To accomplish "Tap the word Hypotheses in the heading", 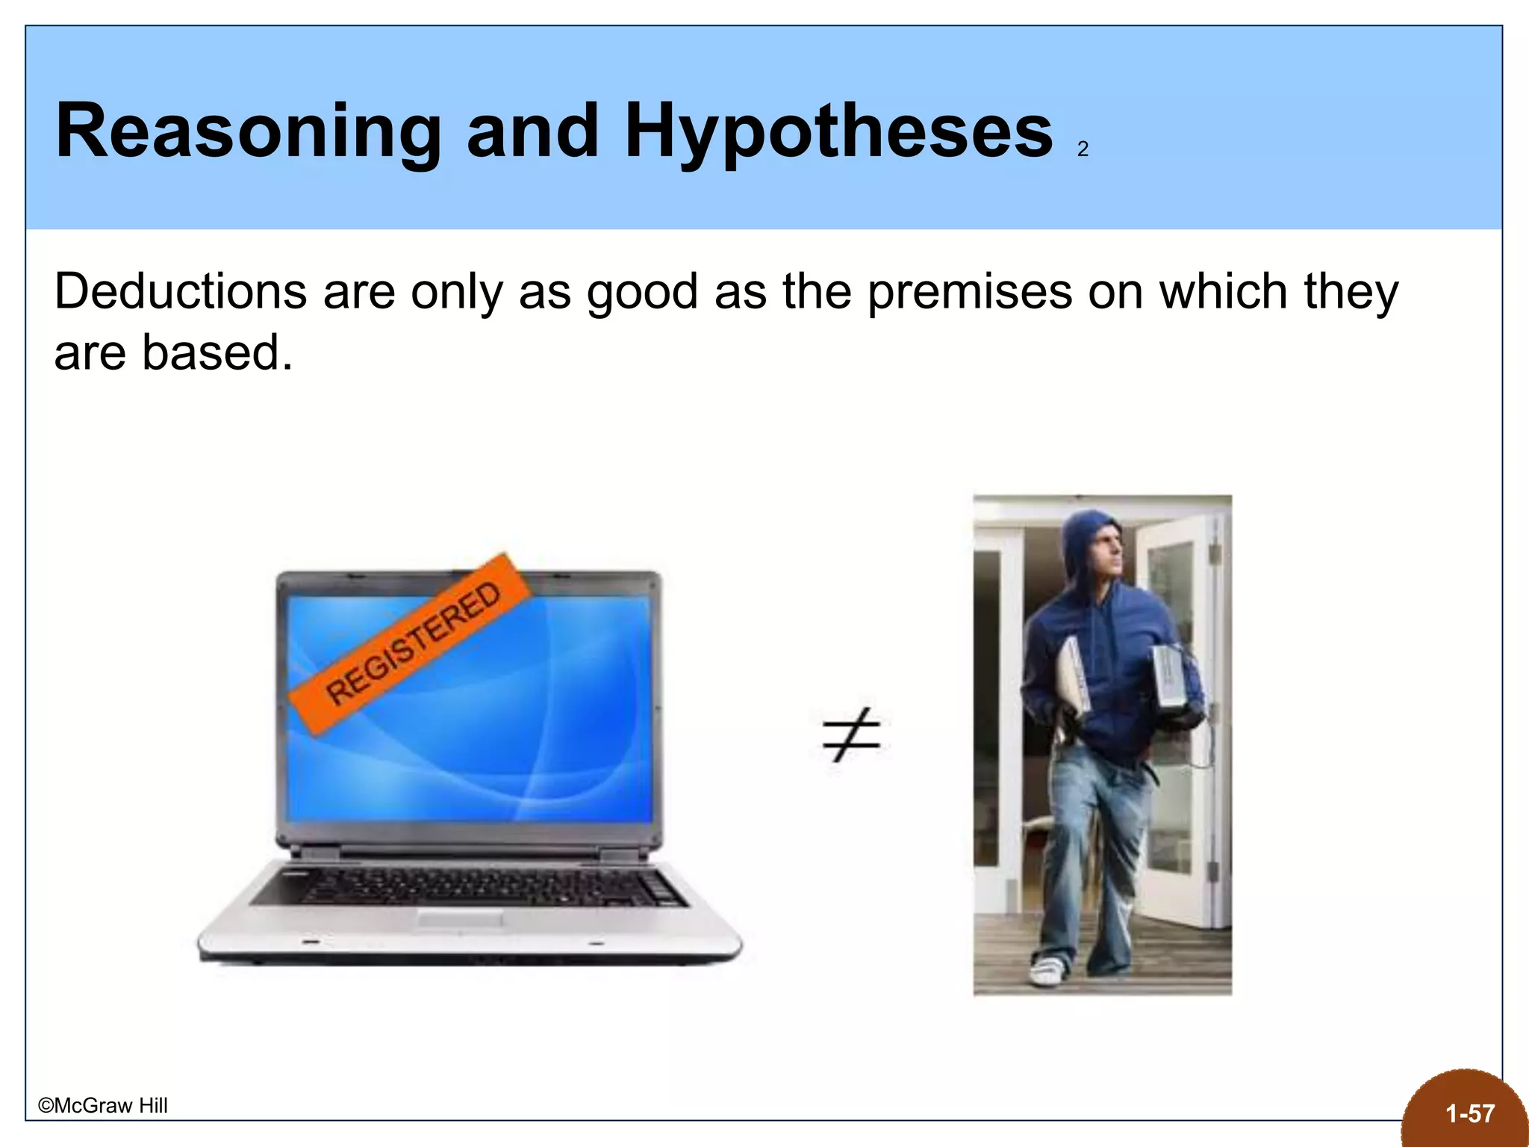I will pyautogui.click(x=838, y=133).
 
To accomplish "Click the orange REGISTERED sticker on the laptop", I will pyautogui.click(x=410, y=644).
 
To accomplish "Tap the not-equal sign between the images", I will pyautogui.click(x=851, y=734).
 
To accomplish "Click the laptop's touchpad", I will pyautogui.click(x=458, y=919).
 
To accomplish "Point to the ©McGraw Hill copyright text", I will pyautogui.click(x=103, y=1106).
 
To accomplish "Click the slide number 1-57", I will pyautogui.click(x=1469, y=1114).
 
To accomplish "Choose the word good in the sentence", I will pyautogui.click(x=642, y=293).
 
